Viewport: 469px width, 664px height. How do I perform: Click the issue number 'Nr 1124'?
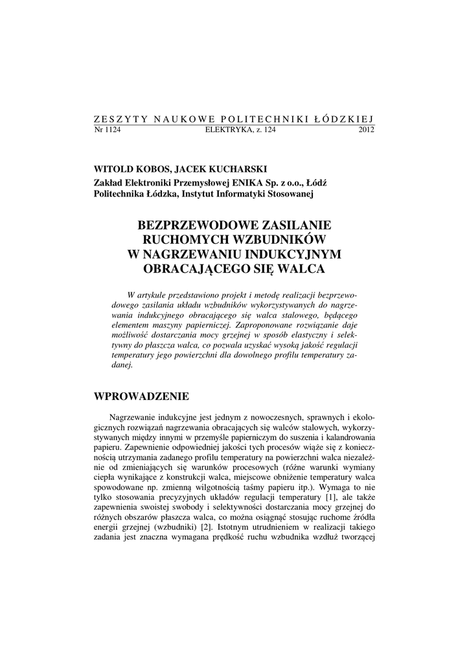pyautogui.click(x=108, y=130)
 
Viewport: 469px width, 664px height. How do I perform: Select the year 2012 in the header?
pyautogui.click(x=366, y=130)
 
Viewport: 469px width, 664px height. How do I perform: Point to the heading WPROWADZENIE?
pyautogui.click(x=141, y=396)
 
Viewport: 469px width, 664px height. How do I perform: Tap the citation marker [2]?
pyautogui.click(x=206, y=528)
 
